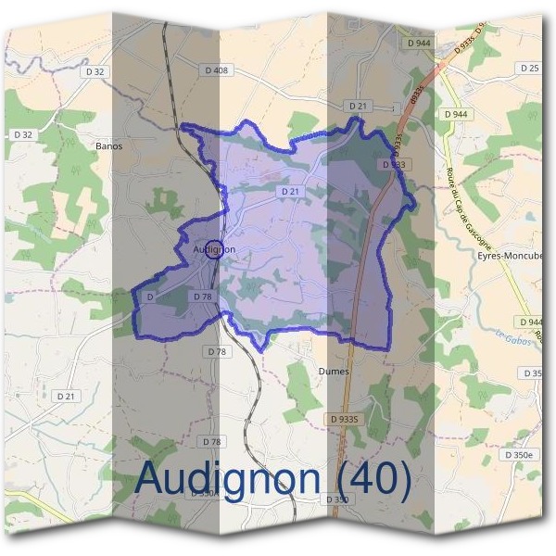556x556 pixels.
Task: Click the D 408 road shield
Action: point(216,69)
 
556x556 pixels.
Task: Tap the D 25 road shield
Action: point(530,68)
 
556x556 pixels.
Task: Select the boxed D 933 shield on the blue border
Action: point(393,164)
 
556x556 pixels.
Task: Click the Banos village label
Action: point(109,145)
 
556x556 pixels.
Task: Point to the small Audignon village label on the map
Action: point(215,250)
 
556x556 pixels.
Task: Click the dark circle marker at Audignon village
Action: point(213,248)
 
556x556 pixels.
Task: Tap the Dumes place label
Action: point(334,371)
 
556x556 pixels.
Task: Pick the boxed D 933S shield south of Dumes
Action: point(344,420)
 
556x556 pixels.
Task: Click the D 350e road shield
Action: point(519,455)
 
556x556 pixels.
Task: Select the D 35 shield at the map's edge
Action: point(533,373)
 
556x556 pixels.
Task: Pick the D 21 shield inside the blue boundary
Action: point(290,191)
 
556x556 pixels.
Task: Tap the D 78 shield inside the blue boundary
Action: point(204,296)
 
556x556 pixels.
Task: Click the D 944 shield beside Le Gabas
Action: point(531,322)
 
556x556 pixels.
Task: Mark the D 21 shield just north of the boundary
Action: point(359,107)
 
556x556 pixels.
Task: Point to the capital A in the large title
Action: point(151,478)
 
